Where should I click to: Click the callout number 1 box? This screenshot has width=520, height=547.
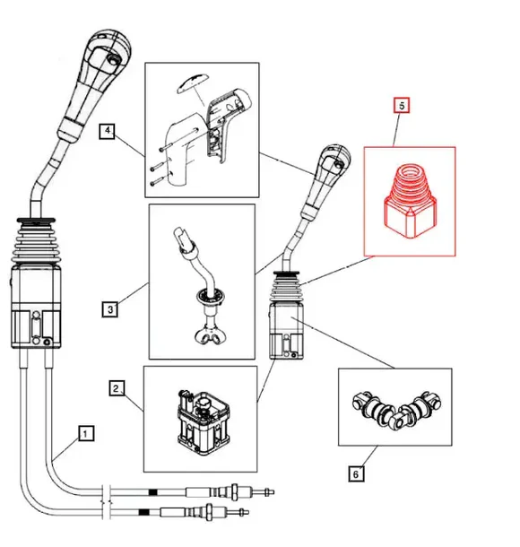pos(84,433)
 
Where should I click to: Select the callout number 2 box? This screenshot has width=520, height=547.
pos(116,388)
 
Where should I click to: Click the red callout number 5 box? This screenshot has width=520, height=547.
pos(403,106)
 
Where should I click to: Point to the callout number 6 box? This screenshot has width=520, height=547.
pos(357,473)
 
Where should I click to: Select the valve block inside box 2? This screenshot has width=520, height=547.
pos(198,416)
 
